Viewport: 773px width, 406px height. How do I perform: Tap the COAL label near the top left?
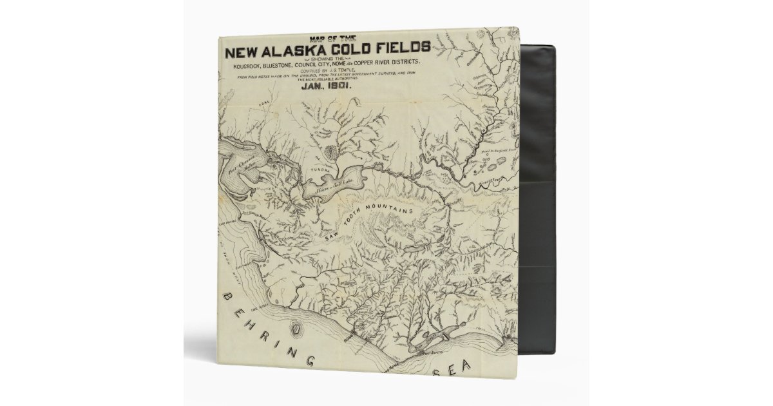(262, 101)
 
